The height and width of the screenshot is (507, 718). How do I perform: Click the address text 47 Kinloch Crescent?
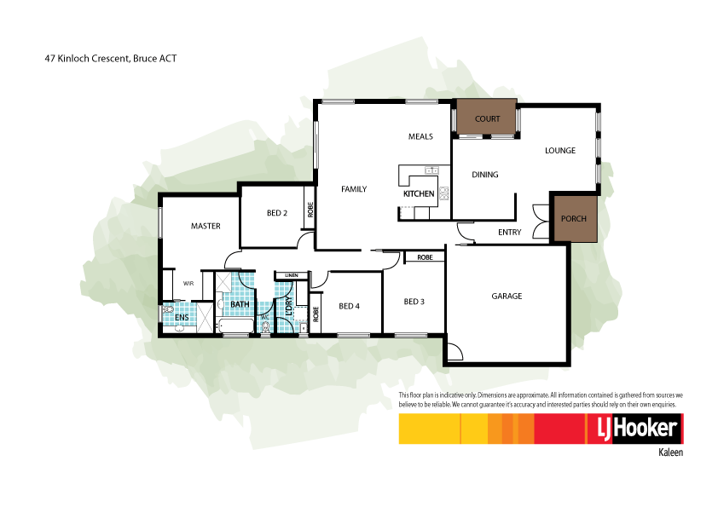pos(110,59)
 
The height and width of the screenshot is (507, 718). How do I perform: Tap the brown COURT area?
pos(486,118)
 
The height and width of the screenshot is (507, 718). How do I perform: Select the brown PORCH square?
pos(573,218)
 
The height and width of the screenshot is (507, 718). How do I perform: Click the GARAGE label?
pos(506,297)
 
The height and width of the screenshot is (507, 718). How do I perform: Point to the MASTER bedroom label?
pos(206,226)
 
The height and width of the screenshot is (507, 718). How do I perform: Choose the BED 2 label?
pos(276,213)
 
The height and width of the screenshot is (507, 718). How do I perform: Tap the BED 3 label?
pos(414,301)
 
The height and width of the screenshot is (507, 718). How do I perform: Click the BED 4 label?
pos(350,306)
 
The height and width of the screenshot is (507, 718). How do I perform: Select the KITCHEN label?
pos(419,194)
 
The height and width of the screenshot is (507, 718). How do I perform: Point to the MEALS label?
pos(420,136)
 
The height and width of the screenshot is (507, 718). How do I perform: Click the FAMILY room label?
pos(354,189)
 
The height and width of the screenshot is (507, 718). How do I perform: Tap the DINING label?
pos(484,175)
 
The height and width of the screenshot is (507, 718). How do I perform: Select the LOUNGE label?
pos(560,151)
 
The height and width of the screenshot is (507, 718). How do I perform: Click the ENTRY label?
pos(509,232)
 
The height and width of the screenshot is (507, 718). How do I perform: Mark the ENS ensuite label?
pos(182,317)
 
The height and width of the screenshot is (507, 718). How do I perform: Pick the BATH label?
pos(240,303)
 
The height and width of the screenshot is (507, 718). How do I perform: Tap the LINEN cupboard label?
pos(292,275)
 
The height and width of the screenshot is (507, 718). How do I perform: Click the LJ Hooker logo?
pos(632,429)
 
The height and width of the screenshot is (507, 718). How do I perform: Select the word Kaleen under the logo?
pos(671,453)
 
